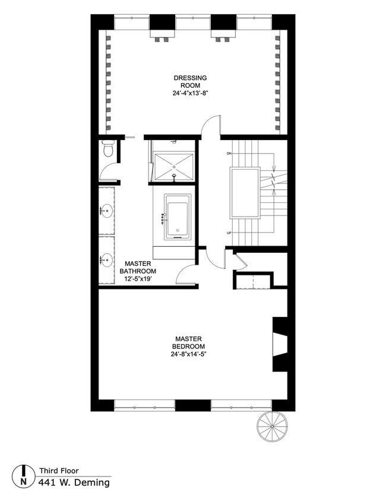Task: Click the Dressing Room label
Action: [190, 81]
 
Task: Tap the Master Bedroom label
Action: [189, 342]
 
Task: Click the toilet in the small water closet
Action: [107, 148]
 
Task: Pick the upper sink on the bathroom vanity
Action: [107, 210]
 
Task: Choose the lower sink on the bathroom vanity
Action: [107, 259]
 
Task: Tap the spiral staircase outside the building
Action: [272, 426]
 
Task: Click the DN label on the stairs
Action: [229, 154]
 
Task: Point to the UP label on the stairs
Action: [229, 233]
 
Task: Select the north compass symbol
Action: [23, 474]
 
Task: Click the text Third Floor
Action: [59, 471]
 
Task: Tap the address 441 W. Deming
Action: [74, 482]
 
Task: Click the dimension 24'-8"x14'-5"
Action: [189, 354]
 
